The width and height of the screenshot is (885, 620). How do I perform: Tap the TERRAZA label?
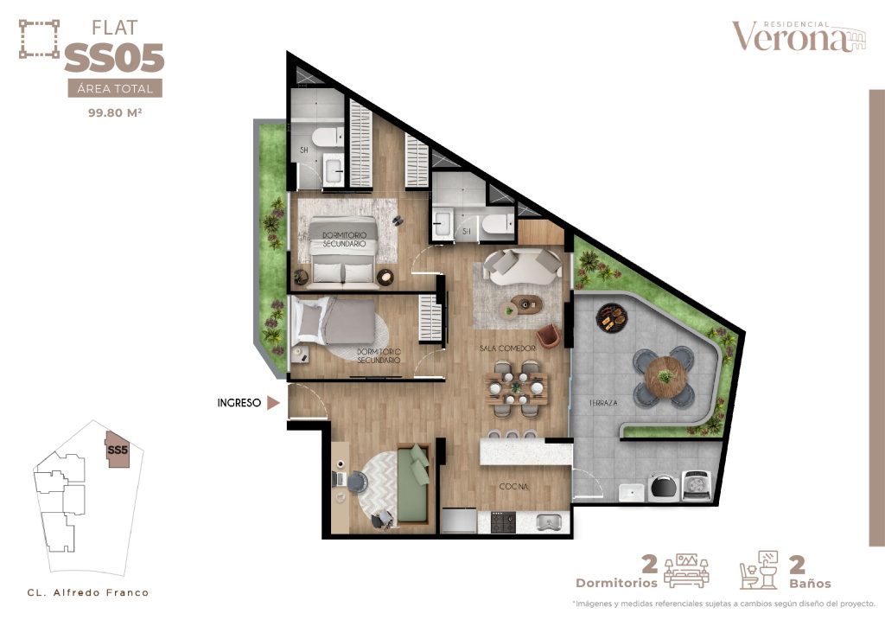coord(602,403)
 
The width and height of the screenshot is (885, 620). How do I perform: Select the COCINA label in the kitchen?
coord(513,486)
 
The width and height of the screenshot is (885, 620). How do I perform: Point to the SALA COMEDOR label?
coord(507,348)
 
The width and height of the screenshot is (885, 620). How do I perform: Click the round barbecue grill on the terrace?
coord(612,318)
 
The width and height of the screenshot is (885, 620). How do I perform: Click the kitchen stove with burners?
coord(503,522)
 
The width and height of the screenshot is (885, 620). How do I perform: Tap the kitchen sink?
coord(548,522)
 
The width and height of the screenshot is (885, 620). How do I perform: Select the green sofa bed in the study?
coord(415,483)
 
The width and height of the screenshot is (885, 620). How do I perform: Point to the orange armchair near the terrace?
coord(548,336)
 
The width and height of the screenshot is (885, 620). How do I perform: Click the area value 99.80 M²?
coord(115,112)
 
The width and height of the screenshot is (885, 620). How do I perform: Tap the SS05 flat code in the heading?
coord(115,58)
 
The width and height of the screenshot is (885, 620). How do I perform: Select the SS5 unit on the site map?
coord(118,450)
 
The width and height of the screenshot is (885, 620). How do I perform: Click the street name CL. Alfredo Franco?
coord(88,592)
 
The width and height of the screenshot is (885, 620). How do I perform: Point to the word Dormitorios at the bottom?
coord(616,583)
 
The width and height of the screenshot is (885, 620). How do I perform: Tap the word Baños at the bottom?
coord(810,583)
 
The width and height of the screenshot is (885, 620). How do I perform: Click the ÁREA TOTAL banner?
coord(115,88)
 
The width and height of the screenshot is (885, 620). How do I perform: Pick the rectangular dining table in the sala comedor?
coord(516,388)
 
